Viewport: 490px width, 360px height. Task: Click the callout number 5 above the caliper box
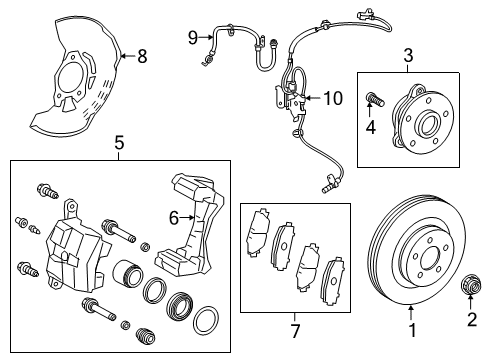(x=119, y=143)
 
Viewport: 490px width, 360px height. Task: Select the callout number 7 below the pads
(x=295, y=329)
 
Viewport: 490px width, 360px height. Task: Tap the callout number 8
(x=141, y=56)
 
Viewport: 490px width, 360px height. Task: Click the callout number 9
(x=194, y=37)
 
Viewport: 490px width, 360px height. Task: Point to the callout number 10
(x=331, y=97)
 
